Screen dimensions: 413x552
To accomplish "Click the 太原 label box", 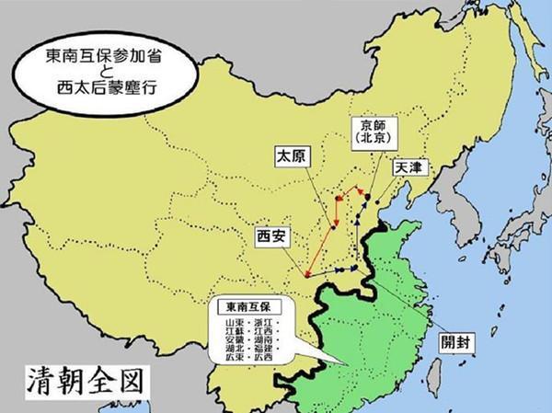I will click(290, 156).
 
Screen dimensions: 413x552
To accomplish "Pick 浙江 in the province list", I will click(275, 324).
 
